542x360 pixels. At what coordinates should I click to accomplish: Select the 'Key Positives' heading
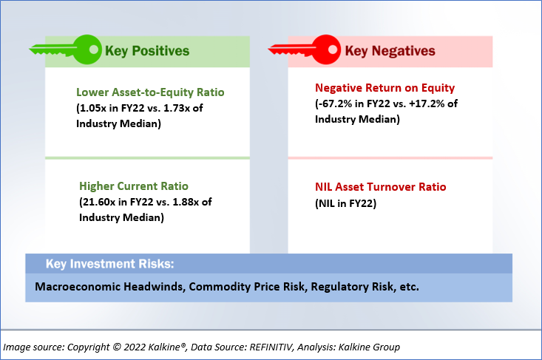click(147, 51)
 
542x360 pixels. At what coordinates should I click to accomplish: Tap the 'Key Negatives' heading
click(390, 51)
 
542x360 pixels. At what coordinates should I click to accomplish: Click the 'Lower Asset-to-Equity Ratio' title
click(150, 92)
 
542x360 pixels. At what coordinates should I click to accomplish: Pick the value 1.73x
click(177, 108)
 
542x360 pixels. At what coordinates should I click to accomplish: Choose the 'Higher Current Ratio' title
click(134, 186)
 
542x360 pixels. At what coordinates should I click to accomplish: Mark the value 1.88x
click(186, 202)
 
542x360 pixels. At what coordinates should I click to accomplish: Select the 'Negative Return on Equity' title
click(385, 88)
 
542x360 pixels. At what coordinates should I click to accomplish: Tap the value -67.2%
click(333, 103)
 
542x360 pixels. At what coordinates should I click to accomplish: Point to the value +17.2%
click(426, 103)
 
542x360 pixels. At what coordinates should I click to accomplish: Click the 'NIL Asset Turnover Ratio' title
click(381, 187)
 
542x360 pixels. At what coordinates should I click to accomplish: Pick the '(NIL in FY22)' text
click(345, 203)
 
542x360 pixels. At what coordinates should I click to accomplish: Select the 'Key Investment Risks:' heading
click(110, 264)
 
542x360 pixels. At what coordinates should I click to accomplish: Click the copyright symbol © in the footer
click(117, 347)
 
